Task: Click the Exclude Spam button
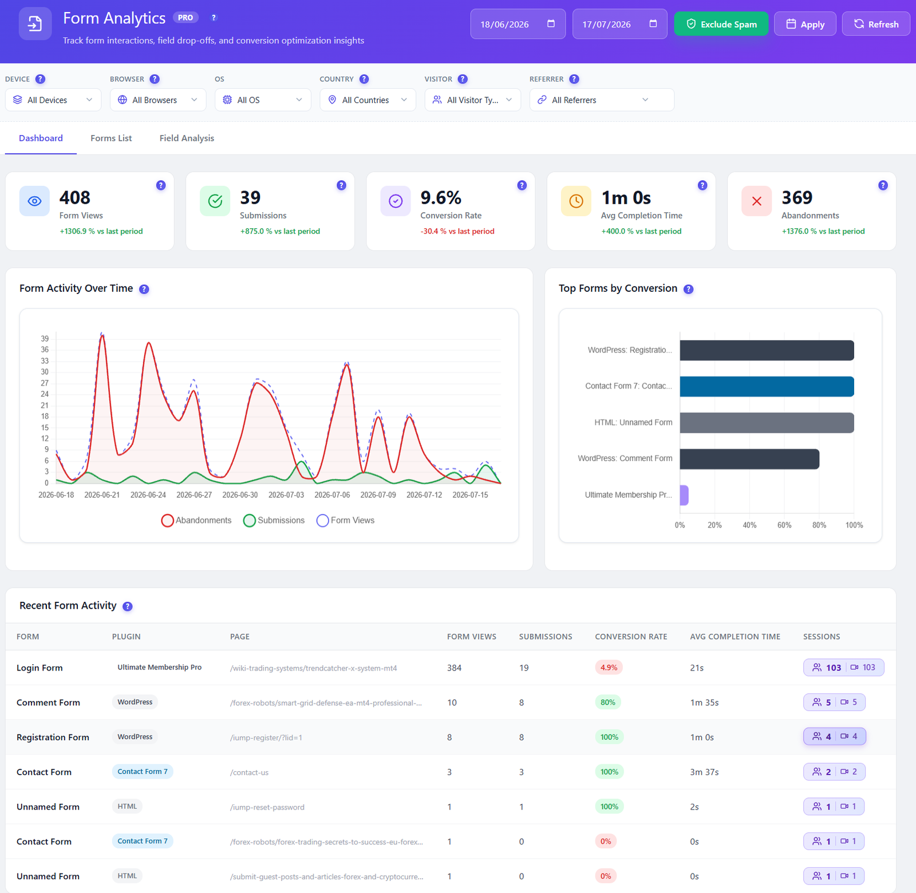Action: pyautogui.click(x=721, y=24)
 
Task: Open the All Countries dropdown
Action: pyautogui.click(x=368, y=100)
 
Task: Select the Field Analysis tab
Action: pyautogui.click(x=187, y=138)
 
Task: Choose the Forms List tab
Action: pyautogui.click(x=111, y=138)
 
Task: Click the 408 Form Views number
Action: pyautogui.click(x=75, y=197)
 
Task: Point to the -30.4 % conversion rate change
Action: pyautogui.click(x=457, y=231)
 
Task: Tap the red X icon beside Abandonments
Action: pyautogui.click(x=756, y=201)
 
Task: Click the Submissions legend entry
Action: pyautogui.click(x=274, y=520)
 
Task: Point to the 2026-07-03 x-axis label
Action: pyautogui.click(x=286, y=495)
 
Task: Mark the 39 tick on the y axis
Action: pyautogui.click(x=45, y=339)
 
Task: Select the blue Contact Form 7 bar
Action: pyautogui.click(x=767, y=386)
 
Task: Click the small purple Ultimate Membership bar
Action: pyautogui.click(x=684, y=495)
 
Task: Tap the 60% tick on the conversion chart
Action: pyautogui.click(x=784, y=525)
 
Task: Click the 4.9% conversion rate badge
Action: pyautogui.click(x=609, y=668)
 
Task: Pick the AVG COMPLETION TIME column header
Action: pyautogui.click(x=735, y=637)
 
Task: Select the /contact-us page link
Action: pyautogui.click(x=249, y=772)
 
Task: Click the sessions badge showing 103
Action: pyautogui.click(x=843, y=668)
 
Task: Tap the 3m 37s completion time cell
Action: pyautogui.click(x=704, y=772)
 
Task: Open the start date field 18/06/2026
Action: pyautogui.click(x=518, y=24)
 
